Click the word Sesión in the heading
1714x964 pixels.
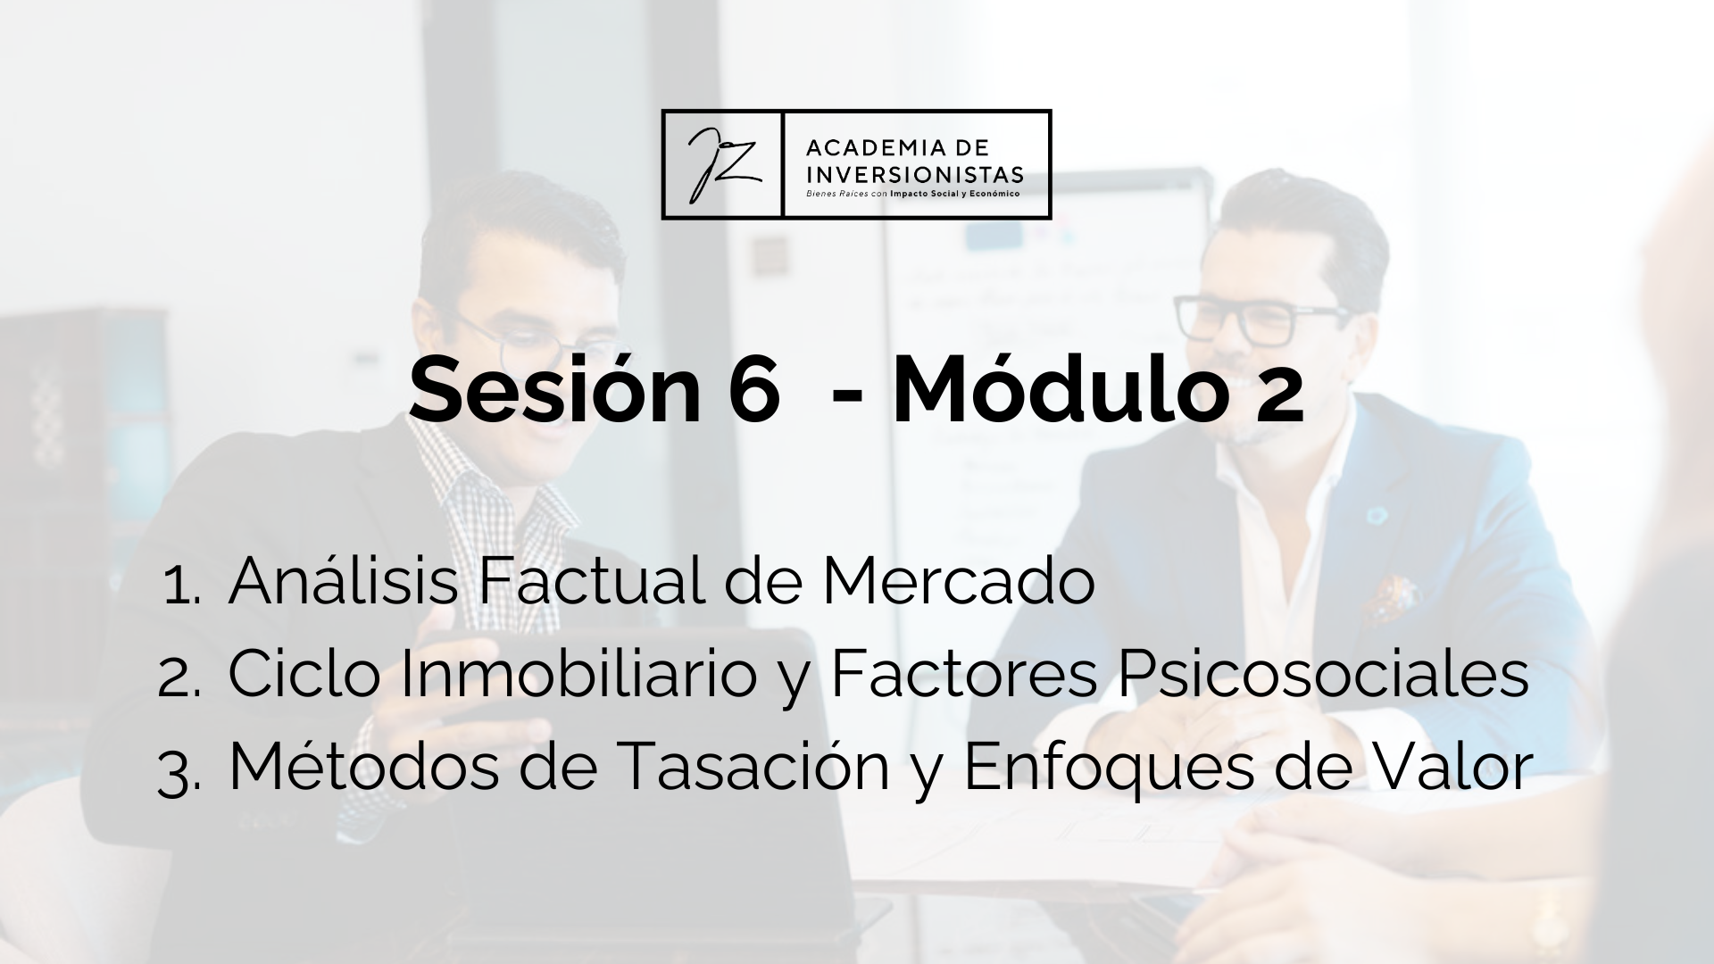coord(554,390)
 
